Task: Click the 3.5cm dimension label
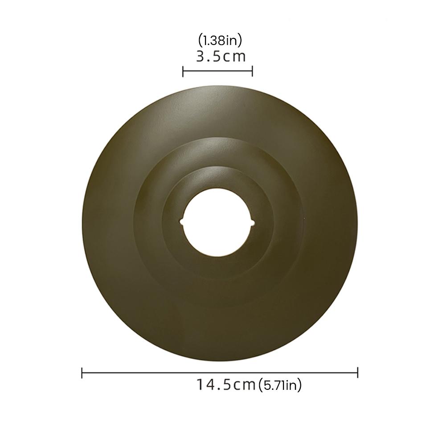221,56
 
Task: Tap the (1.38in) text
220,41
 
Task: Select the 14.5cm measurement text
226,385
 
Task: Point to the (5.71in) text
280,385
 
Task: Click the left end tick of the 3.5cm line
183,72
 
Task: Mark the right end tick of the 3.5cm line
252,72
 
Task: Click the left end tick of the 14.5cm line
82,372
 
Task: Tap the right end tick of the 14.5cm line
357,372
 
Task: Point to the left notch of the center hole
181,221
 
